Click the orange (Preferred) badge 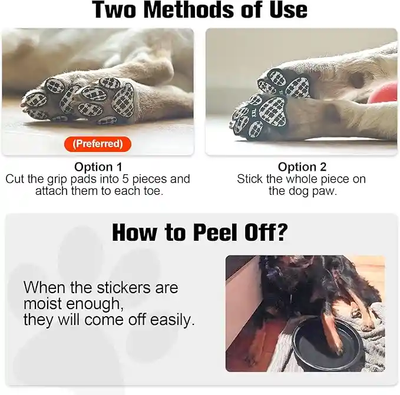tap(98, 144)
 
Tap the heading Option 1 tap(98, 167)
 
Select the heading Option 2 tap(302, 167)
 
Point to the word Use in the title tap(288, 10)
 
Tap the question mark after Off tap(282, 232)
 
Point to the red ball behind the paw tap(385, 92)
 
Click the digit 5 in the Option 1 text tap(125, 179)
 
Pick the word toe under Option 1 tap(153, 191)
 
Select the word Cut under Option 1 tap(15, 179)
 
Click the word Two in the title tap(114, 10)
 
